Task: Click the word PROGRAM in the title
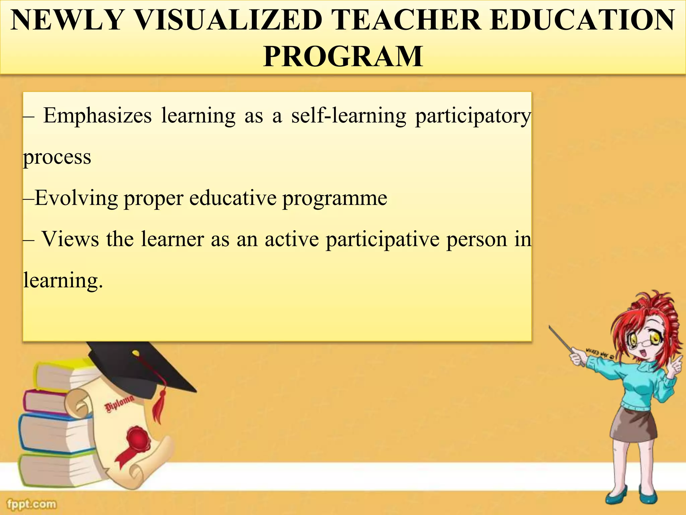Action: [x=343, y=56]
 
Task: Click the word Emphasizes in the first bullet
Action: [x=97, y=116]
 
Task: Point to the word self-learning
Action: [x=349, y=116]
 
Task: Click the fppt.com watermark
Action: [x=32, y=504]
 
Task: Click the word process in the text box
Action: [x=57, y=157]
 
